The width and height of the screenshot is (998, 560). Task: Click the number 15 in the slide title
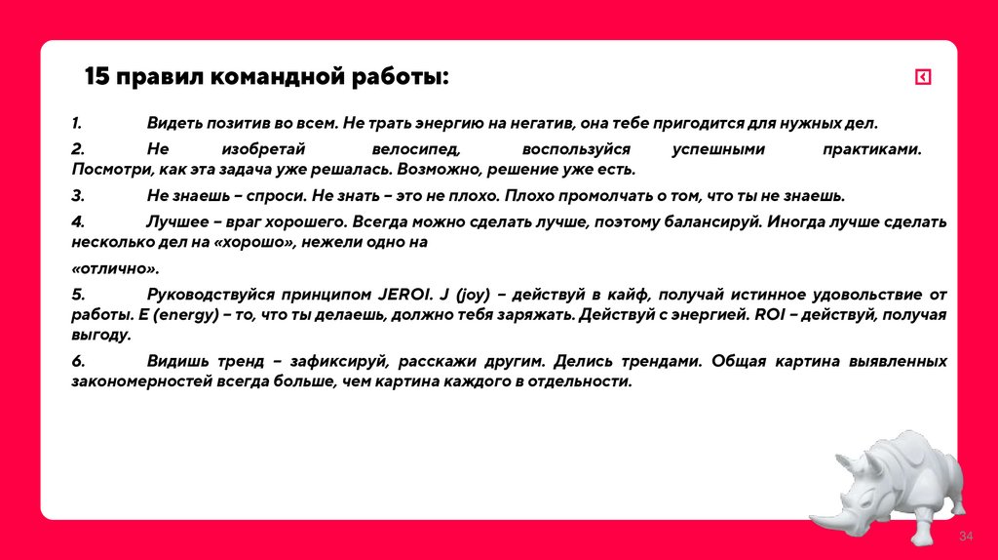(96, 77)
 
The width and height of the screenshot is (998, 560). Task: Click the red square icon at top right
(922, 77)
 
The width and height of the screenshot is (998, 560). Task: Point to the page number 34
(967, 538)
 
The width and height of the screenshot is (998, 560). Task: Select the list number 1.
(76, 124)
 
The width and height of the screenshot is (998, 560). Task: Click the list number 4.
(78, 221)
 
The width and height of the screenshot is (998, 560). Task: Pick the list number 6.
(78, 361)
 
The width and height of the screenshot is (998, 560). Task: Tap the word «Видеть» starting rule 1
(173, 124)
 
